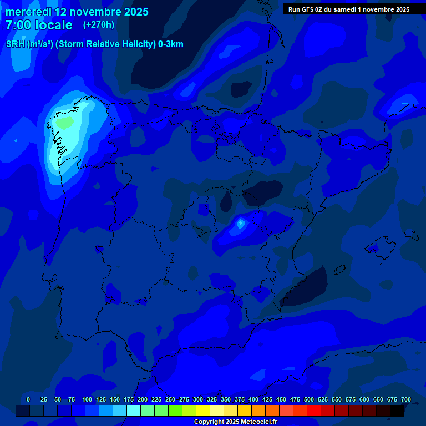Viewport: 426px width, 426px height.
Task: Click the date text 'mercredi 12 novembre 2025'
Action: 77,12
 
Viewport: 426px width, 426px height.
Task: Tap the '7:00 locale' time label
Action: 39,25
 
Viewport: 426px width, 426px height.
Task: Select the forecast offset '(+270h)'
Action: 99,24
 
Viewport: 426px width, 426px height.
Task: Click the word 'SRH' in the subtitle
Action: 16,44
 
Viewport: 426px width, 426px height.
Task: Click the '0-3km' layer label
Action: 170,44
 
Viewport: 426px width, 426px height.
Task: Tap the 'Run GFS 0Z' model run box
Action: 349,9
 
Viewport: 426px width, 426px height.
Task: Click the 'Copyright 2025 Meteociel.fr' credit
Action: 235,422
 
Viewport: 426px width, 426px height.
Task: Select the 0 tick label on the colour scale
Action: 28,399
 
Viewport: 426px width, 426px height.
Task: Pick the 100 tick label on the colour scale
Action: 87,399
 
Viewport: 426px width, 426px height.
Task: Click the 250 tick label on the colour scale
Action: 170,399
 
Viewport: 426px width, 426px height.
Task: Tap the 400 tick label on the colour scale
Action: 253,399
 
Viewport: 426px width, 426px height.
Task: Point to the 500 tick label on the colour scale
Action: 309,399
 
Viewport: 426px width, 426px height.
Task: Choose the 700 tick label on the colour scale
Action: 406,399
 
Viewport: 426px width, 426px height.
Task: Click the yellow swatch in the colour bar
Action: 203,410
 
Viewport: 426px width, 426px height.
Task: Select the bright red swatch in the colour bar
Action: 314,410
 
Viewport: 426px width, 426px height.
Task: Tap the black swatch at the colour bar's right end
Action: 397,410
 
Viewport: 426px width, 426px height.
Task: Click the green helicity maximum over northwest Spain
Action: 64,122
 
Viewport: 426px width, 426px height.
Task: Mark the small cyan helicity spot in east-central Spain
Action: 240,224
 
